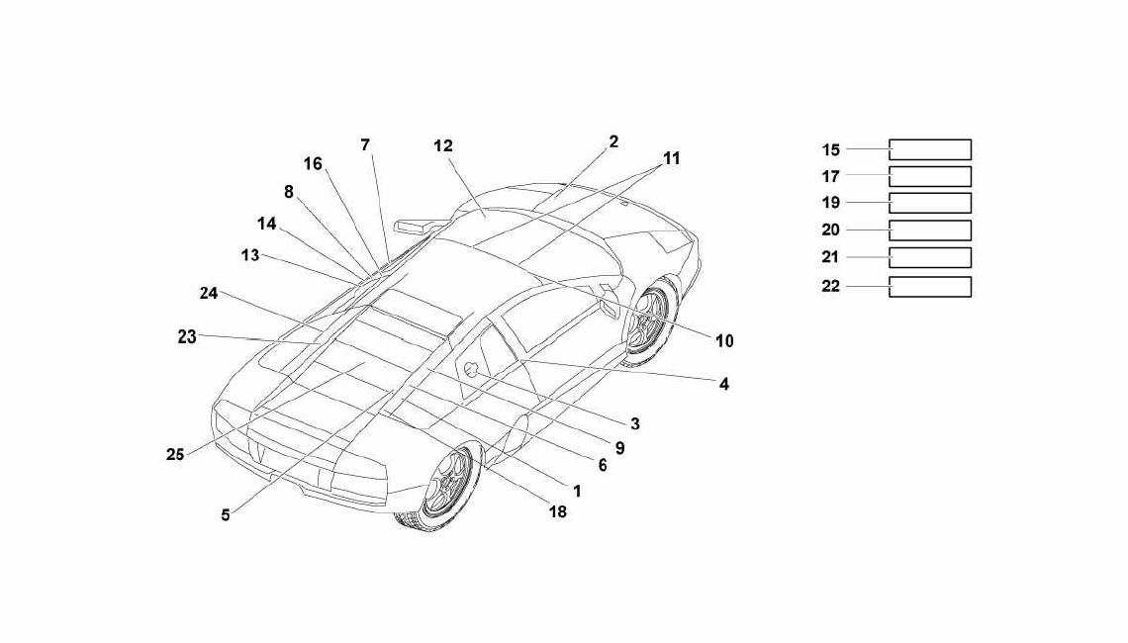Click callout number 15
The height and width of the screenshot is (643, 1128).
[x=831, y=149]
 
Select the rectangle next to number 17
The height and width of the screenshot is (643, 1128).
[x=930, y=176]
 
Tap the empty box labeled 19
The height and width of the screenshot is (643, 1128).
[x=930, y=203]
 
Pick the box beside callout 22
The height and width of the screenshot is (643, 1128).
[x=930, y=286]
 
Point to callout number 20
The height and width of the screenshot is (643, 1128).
[x=831, y=230]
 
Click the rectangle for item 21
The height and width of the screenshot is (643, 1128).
[x=930, y=257]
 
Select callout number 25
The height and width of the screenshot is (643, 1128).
[x=175, y=455]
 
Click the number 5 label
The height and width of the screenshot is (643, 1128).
[x=226, y=515]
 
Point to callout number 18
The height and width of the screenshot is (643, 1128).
[x=557, y=511]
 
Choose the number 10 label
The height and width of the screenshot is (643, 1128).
[x=724, y=341]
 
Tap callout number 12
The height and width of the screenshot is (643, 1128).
[x=443, y=146]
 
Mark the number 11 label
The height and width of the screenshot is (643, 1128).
[x=671, y=158]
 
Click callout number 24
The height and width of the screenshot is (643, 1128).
[x=209, y=294]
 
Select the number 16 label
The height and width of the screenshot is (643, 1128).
[x=313, y=164]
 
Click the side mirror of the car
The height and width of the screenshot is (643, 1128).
[x=419, y=226]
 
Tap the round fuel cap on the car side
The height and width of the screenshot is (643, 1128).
[x=472, y=370]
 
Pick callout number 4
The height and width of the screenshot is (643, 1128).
[x=723, y=384]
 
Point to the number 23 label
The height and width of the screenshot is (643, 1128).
[x=187, y=336]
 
